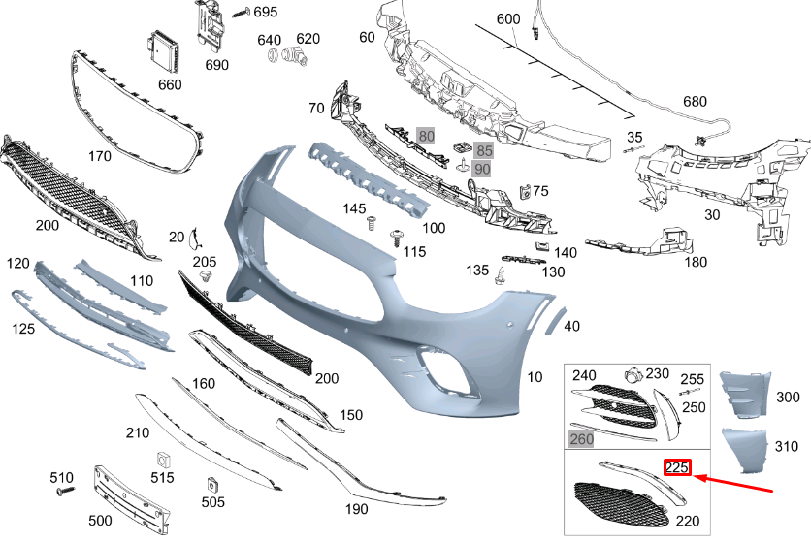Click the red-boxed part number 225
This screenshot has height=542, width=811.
(x=676, y=468)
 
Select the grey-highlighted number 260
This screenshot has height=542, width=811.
(x=582, y=439)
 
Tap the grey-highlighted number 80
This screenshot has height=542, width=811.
(x=426, y=136)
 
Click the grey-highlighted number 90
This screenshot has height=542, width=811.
(x=482, y=169)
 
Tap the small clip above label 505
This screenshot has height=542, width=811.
(x=211, y=484)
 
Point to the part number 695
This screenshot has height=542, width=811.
(x=265, y=12)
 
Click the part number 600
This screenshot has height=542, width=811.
(x=508, y=19)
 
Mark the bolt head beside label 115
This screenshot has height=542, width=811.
(x=396, y=236)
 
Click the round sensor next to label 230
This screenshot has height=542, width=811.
(x=632, y=374)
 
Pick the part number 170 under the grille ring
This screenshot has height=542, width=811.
(x=100, y=155)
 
